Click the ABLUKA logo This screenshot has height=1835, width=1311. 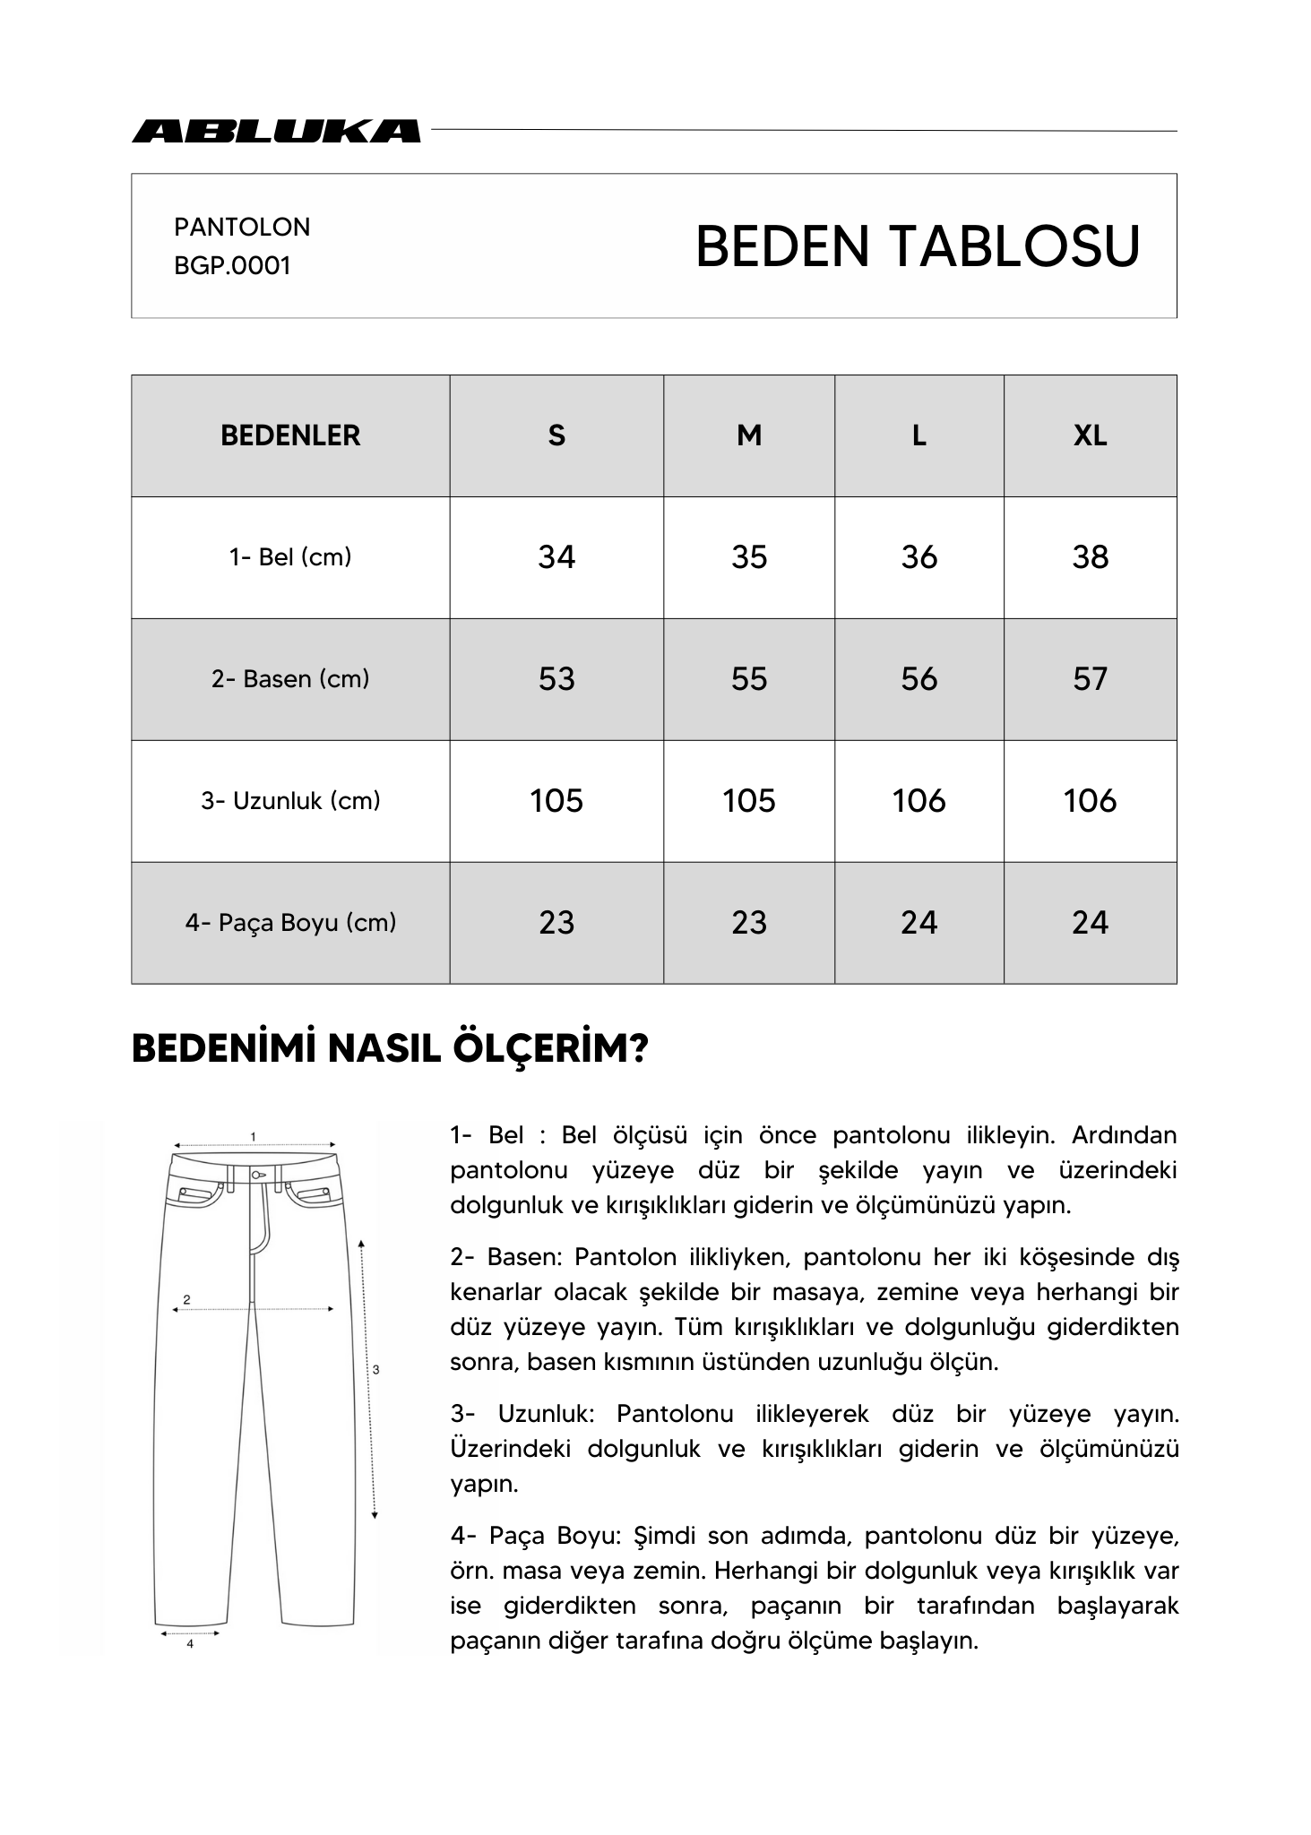275,132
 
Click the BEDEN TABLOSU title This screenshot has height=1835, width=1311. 917,246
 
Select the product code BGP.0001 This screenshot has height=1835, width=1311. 232,266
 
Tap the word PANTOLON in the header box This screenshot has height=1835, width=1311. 242,227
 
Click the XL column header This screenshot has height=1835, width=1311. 1090,435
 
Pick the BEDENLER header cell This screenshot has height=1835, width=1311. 290,435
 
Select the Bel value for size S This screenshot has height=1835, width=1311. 556,557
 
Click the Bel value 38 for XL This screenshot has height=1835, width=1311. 1090,557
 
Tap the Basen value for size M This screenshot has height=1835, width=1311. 748,679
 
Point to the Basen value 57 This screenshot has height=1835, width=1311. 1090,679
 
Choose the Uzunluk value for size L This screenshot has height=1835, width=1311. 919,801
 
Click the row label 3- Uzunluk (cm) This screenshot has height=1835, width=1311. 290,801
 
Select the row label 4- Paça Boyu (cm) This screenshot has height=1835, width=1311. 290,923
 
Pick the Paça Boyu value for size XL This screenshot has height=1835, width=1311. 1090,923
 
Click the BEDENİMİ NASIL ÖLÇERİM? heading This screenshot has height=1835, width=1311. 390,1049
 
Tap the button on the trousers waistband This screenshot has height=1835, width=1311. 256,1175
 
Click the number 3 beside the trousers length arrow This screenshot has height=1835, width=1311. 375,1370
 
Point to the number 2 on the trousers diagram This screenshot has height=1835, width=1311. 186,1299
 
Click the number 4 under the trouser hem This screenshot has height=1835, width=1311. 190,1644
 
